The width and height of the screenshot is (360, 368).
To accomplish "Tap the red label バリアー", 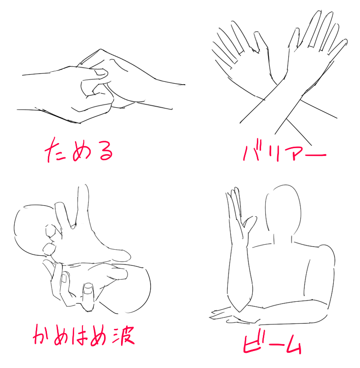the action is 284,153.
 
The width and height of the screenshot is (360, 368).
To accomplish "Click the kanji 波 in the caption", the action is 123,336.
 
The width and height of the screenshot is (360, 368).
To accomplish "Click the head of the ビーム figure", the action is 283,211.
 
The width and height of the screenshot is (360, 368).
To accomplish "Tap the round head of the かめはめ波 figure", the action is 30,230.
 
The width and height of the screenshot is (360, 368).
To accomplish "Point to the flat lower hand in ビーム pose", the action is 230,316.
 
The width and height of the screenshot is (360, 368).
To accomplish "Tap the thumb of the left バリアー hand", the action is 261,42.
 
